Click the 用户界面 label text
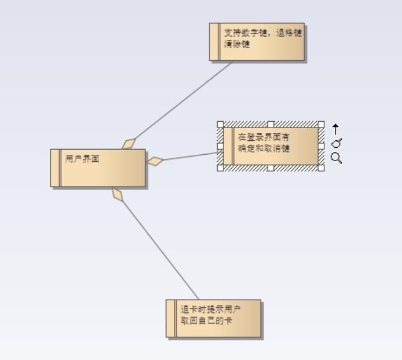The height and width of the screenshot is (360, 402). tap(82, 159)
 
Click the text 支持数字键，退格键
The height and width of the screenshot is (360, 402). tap(263, 33)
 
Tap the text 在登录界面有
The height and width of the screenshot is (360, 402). tap(264, 137)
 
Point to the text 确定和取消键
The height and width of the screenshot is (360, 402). tap(264, 148)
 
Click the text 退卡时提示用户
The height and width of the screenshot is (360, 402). tap(210, 310)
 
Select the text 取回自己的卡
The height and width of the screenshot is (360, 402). tap(206, 321)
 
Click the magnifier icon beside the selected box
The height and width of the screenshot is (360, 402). tap(336, 158)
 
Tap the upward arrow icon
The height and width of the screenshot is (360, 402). tap(335, 129)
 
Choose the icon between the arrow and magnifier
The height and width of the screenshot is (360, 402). tap(336, 143)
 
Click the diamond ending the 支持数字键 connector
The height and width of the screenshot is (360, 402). tap(129, 143)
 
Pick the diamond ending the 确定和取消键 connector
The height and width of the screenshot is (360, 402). tap(155, 161)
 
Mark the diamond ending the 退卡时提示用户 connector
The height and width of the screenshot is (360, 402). tap(118, 194)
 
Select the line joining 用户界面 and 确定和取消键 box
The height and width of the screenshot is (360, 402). tap(188, 157)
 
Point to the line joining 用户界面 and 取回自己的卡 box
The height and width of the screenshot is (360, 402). tap(159, 249)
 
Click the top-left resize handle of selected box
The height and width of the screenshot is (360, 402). tap(220, 124)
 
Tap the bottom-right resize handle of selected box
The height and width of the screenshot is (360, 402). tap(321, 168)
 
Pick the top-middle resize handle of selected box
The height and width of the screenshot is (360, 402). tap(271, 124)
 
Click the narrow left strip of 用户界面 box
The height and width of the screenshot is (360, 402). tap(56, 168)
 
